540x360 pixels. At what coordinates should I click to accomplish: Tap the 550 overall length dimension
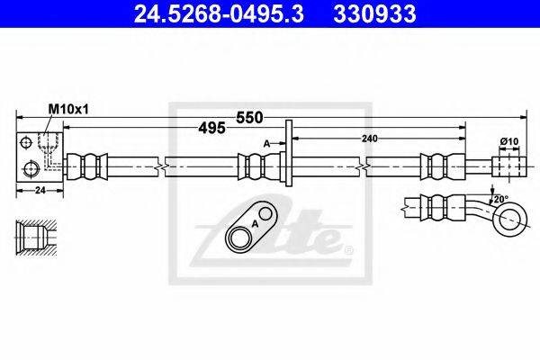tap(249, 117)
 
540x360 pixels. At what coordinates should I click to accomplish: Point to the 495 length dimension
tap(211, 129)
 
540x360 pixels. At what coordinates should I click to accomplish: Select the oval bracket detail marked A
tap(251, 229)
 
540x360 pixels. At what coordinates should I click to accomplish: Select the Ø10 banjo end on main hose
tap(509, 166)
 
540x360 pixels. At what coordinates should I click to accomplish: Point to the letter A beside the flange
tap(266, 142)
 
